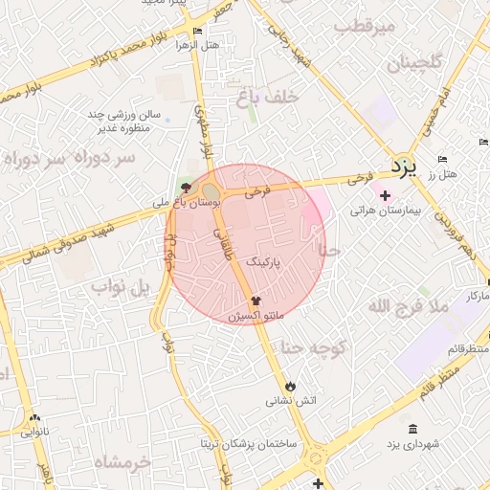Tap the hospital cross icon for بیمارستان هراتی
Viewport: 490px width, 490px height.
click(x=385, y=195)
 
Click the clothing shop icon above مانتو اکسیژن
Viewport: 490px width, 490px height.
click(x=254, y=301)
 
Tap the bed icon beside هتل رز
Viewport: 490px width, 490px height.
click(x=441, y=159)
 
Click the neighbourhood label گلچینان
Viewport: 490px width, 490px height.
click(x=414, y=64)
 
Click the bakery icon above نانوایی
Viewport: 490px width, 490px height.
click(x=35, y=417)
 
